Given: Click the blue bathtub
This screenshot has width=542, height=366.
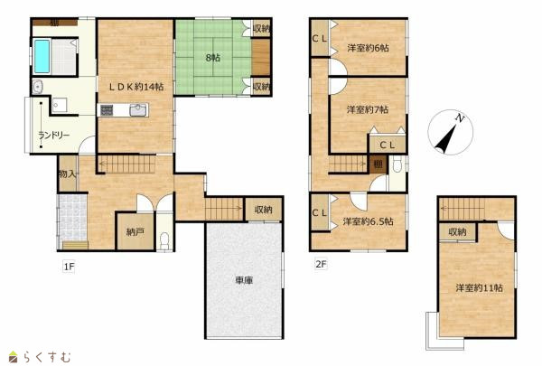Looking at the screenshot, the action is click(x=42, y=56).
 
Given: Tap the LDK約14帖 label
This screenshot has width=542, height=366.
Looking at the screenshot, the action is click(x=136, y=87).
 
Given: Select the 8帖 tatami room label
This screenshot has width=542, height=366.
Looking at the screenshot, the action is click(x=213, y=58).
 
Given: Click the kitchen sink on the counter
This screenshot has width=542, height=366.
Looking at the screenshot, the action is click(x=138, y=110).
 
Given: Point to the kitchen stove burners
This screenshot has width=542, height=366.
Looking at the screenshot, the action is click(x=107, y=110).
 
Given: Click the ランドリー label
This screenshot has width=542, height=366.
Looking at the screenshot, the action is click(x=53, y=135).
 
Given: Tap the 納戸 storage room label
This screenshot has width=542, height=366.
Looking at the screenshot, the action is click(x=135, y=231).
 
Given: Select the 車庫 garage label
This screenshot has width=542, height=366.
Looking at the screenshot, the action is click(x=244, y=280).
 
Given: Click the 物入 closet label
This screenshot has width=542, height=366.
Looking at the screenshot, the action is click(x=68, y=174).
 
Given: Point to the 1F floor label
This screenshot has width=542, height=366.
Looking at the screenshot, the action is click(x=69, y=267).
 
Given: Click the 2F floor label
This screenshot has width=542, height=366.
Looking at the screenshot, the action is click(x=321, y=264).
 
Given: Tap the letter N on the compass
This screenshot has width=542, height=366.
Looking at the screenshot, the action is click(x=460, y=118).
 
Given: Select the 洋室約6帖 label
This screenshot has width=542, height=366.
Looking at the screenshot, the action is click(x=369, y=48).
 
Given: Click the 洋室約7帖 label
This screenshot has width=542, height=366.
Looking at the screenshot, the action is click(x=368, y=109).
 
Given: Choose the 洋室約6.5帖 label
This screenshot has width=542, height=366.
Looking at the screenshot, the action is click(x=369, y=221).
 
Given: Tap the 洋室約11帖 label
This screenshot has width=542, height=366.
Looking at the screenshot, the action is click(x=479, y=287).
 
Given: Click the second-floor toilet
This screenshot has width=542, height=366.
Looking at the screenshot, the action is click(x=397, y=165).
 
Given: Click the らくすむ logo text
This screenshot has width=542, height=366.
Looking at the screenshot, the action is click(x=47, y=357).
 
